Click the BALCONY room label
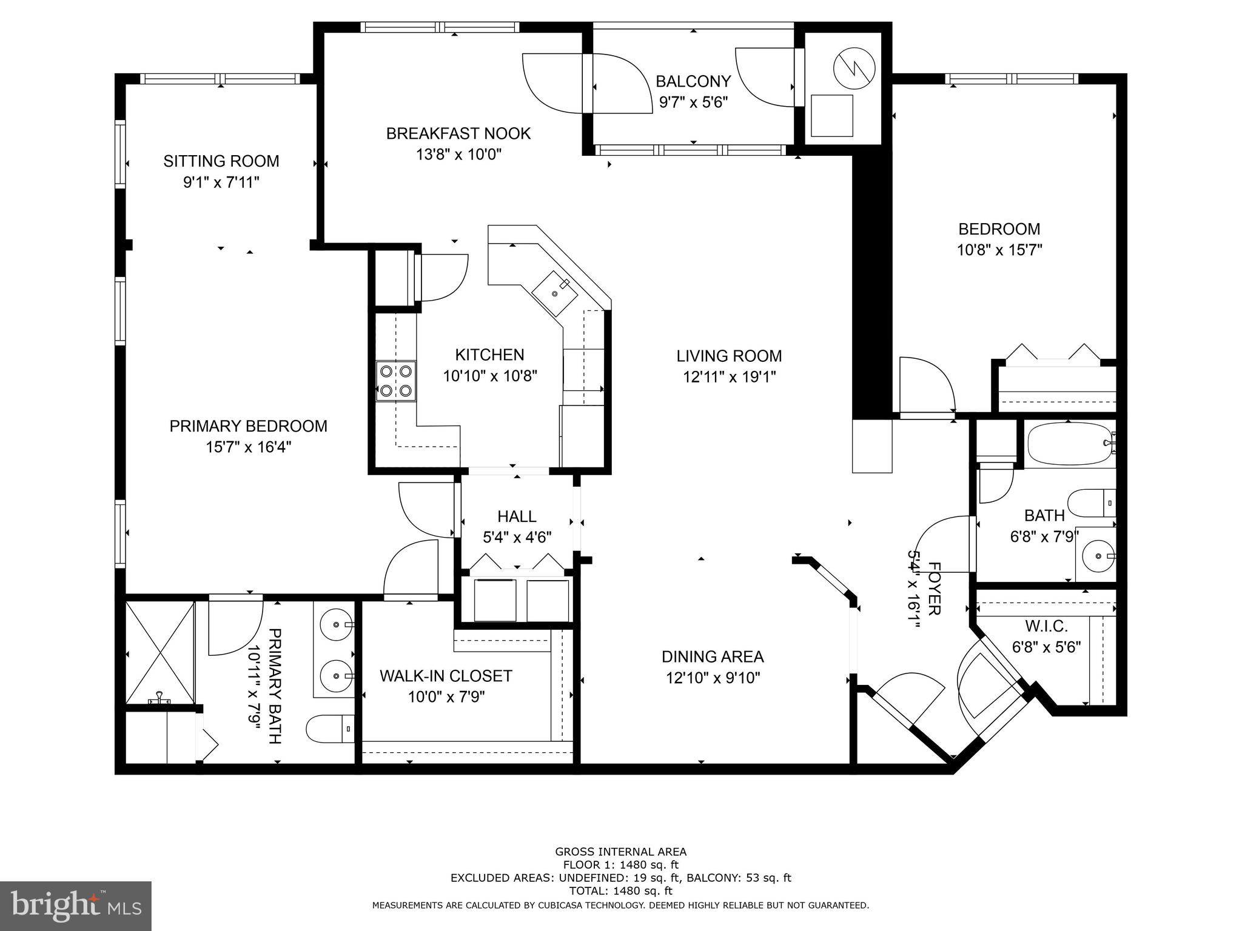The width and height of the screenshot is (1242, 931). (693, 81)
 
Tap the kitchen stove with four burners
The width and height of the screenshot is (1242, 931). (396, 381)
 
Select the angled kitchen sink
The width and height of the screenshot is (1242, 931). (555, 293)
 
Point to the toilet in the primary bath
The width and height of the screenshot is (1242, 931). (330, 729)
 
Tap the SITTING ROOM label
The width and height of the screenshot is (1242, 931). (221, 161)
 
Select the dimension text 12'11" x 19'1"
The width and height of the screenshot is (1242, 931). (729, 377)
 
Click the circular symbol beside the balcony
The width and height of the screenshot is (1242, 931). (854, 68)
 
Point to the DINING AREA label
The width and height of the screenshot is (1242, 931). (713, 656)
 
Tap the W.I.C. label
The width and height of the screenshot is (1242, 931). (1046, 626)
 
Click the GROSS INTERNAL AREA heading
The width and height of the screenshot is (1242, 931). (620, 852)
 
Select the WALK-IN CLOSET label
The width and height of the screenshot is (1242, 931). (446, 676)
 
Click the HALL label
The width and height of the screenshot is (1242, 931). (517, 516)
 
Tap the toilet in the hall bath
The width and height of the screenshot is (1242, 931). (1091, 503)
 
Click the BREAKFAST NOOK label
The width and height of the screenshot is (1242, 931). (458, 133)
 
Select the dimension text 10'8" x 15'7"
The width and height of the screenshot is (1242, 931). (999, 250)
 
